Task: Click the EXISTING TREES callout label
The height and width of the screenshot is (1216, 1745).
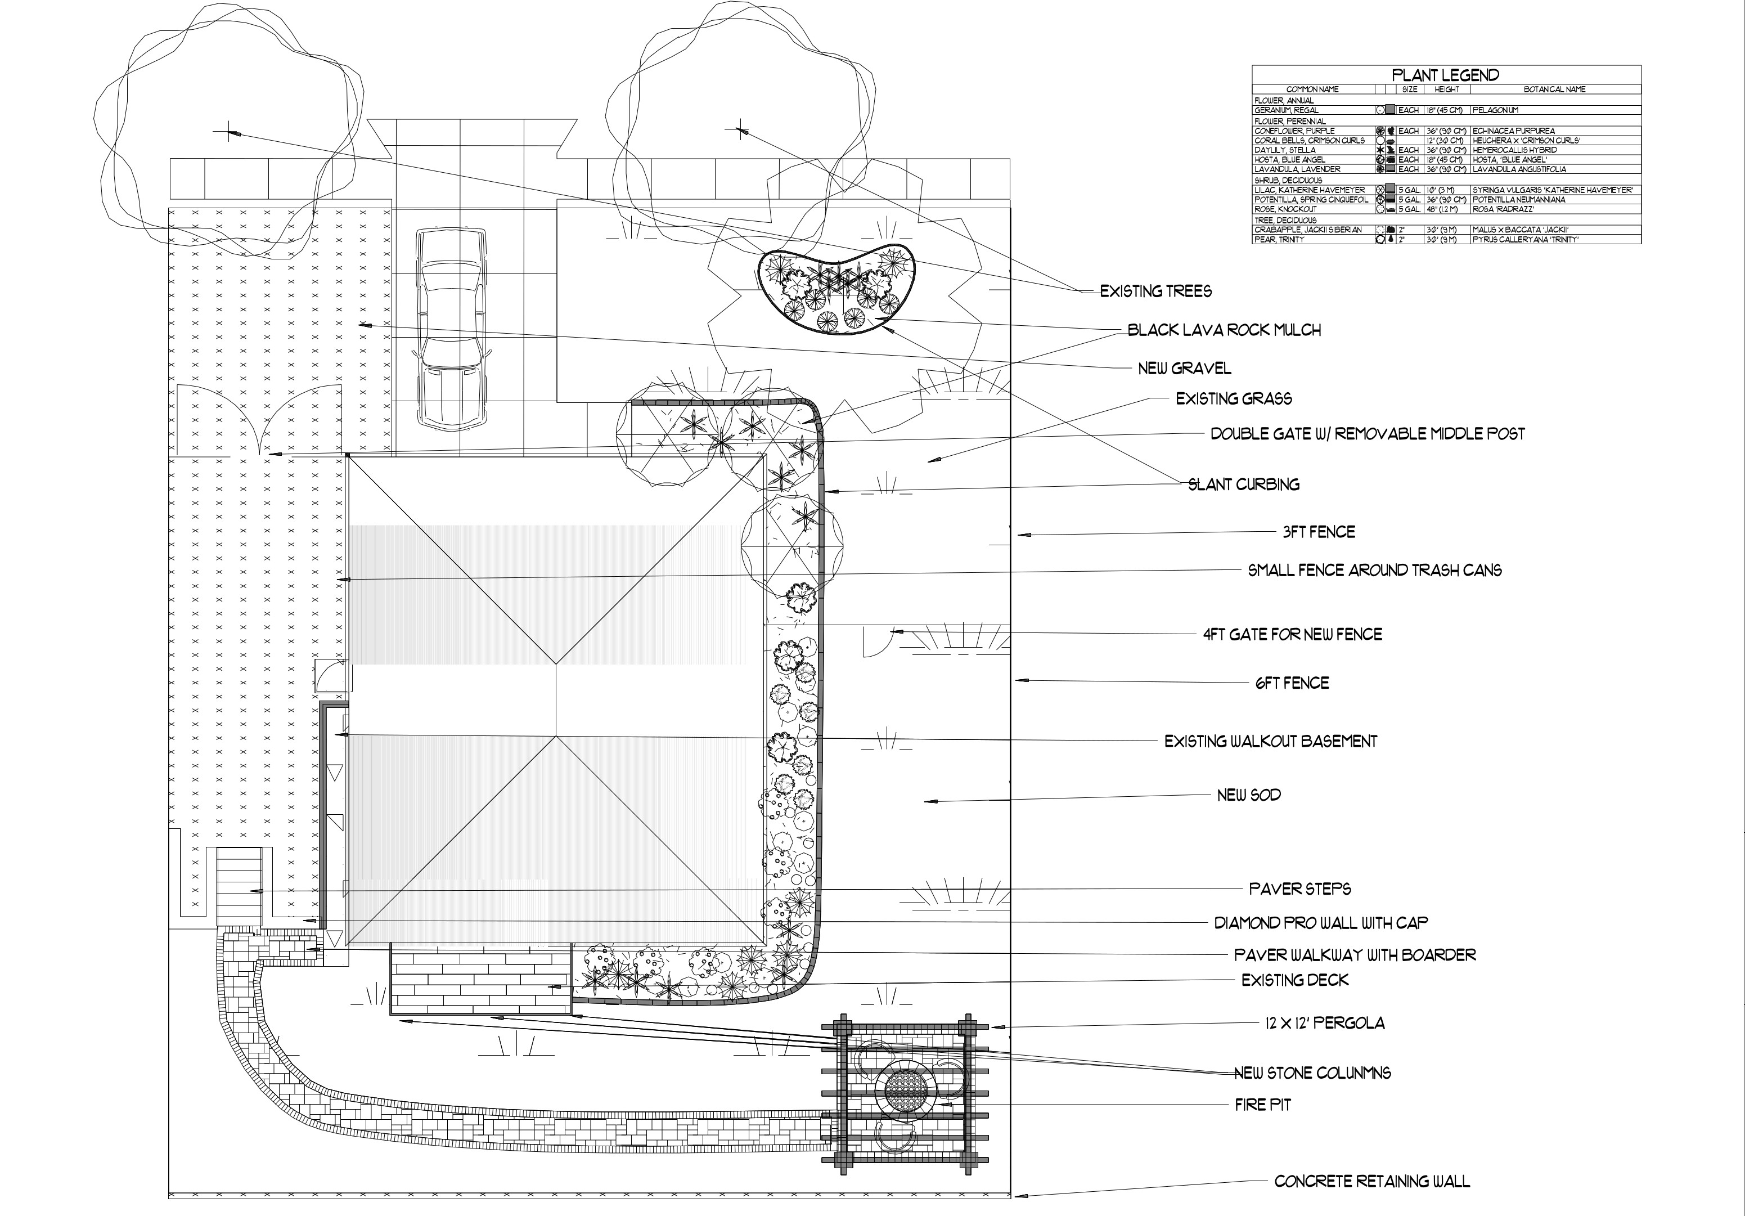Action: (x=1156, y=291)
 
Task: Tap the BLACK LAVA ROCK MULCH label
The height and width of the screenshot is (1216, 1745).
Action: (x=1224, y=330)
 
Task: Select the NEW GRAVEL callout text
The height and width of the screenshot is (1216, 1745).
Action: (x=1184, y=369)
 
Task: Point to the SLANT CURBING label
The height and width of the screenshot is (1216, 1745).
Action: (x=1243, y=484)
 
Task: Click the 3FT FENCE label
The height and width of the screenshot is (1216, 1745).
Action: (x=1319, y=532)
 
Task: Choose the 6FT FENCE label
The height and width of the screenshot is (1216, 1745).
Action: (x=1292, y=683)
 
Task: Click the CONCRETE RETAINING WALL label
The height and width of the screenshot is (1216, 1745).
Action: (x=1372, y=1181)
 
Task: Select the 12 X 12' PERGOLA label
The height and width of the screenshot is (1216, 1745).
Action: (x=1325, y=1023)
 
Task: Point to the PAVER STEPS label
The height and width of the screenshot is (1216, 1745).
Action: (x=1299, y=889)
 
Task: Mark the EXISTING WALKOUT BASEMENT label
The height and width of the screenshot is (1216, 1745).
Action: (x=1271, y=741)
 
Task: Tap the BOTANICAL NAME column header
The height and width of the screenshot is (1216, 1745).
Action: (x=1554, y=89)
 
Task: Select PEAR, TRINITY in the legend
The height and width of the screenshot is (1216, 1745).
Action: (x=1279, y=239)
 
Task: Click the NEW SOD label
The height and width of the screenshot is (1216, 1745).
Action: (x=1249, y=795)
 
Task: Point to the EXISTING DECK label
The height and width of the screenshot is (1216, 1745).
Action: (x=1295, y=980)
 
